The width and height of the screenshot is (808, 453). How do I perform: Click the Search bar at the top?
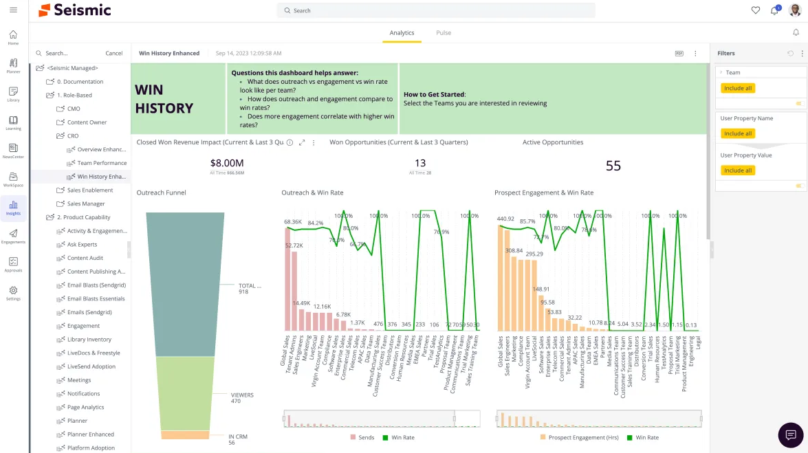click(x=436, y=10)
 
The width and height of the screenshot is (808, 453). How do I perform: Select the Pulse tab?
click(x=444, y=32)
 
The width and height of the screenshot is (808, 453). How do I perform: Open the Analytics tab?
click(x=402, y=32)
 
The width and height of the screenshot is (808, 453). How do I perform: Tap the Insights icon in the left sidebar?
click(x=13, y=207)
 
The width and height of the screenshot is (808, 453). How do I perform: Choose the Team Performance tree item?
click(x=102, y=163)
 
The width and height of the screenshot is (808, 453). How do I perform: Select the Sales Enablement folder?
click(x=89, y=190)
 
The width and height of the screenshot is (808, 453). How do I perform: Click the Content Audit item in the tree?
click(x=85, y=258)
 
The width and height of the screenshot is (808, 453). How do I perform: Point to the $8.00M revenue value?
click(x=227, y=163)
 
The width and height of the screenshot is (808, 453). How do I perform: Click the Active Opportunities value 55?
click(x=613, y=166)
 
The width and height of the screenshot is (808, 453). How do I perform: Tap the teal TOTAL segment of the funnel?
click(x=185, y=284)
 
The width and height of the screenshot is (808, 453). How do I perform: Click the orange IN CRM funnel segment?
click(x=185, y=435)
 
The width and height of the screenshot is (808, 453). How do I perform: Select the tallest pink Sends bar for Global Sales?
click(x=287, y=278)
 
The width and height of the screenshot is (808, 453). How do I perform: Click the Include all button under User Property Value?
click(x=738, y=170)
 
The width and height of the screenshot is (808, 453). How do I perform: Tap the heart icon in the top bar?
click(x=755, y=10)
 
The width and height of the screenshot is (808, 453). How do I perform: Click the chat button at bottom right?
click(x=790, y=435)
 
